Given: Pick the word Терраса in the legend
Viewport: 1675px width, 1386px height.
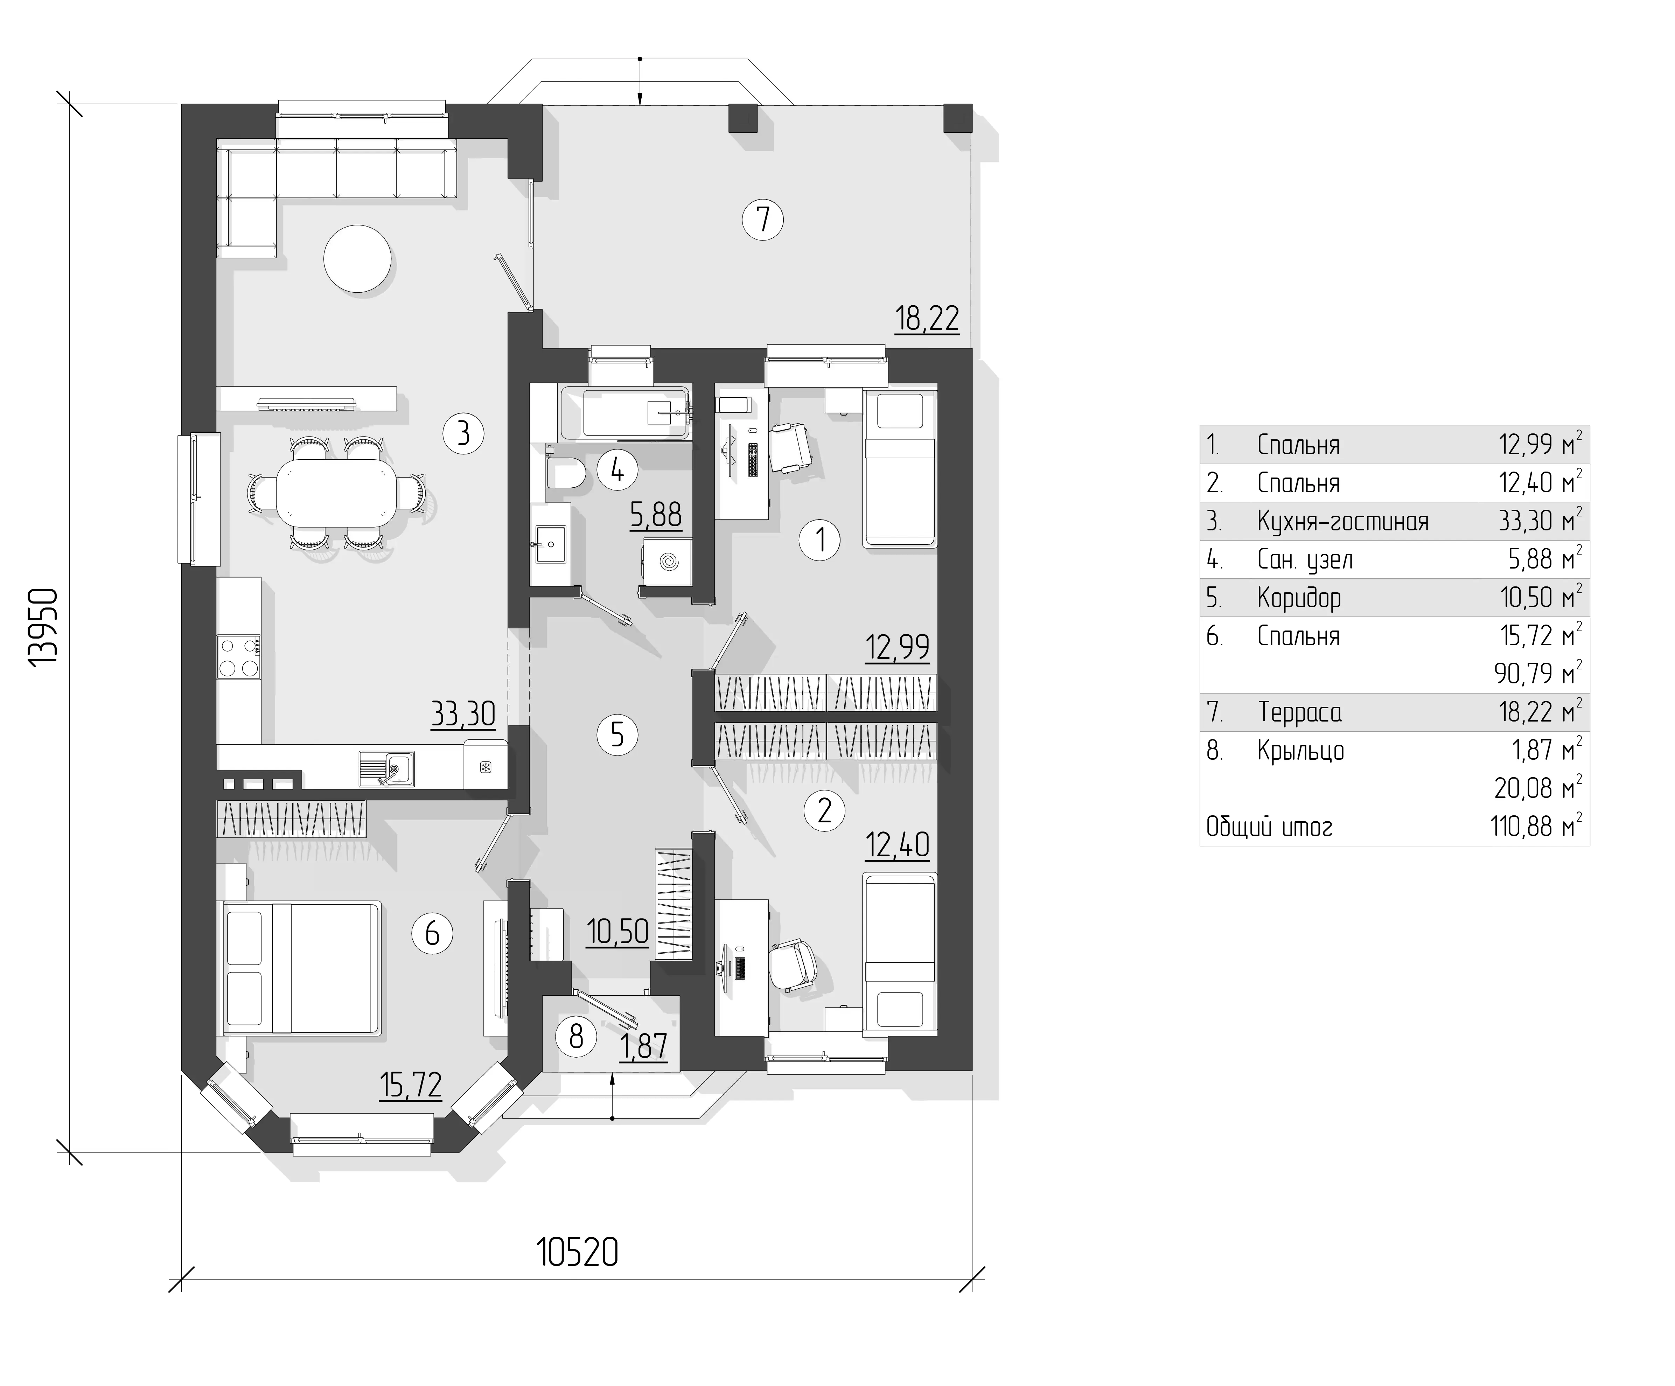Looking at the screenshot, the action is (x=1300, y=712).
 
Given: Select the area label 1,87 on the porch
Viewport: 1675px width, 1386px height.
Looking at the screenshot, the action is (x=644, y=1046).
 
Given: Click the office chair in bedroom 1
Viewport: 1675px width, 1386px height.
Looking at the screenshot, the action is (x=790, y=449).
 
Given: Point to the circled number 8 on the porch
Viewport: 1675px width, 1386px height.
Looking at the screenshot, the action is (x=576, y=1037).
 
